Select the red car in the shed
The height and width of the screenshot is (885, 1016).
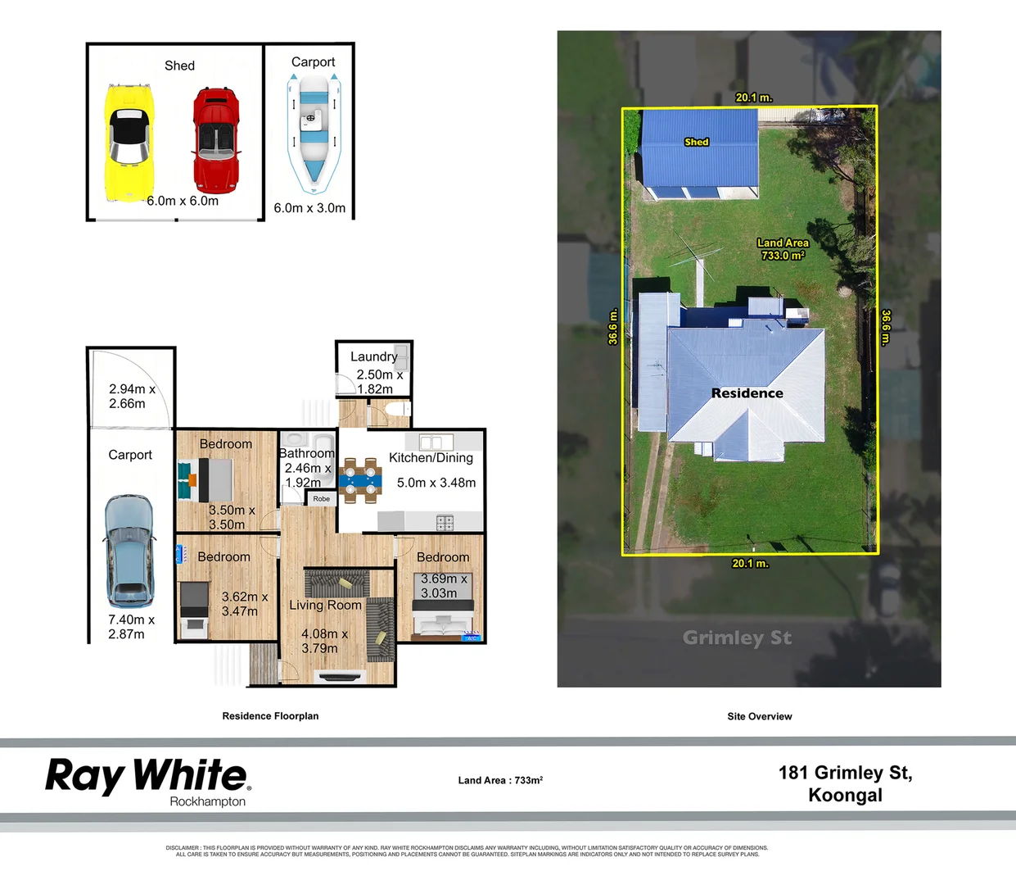(216, 137)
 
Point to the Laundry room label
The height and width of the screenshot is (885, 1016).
(373, 356)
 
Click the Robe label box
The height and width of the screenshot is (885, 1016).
(322, 498)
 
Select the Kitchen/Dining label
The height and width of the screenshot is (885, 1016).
(431, 458)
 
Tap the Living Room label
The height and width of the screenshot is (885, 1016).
(325, 605)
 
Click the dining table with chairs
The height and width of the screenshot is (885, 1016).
(361, 479)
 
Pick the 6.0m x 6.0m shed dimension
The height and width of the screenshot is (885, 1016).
(183, 201)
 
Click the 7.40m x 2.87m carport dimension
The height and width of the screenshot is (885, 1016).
(131, 627)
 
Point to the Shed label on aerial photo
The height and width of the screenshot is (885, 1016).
(696, 142)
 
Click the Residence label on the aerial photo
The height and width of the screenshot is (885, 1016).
(747, 393)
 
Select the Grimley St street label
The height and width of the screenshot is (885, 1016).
(737, 638)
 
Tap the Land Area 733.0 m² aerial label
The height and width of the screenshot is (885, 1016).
(783, 249)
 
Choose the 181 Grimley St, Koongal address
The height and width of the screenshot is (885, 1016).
(845, 783)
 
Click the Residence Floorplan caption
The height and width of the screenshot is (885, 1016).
(270, 716)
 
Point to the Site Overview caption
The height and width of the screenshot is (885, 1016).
(759, 716)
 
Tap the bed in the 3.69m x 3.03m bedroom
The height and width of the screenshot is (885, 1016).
(443, 618)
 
